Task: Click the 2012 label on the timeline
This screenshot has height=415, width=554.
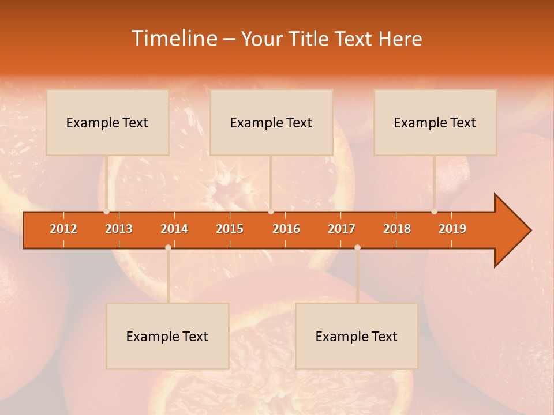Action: [63, 229]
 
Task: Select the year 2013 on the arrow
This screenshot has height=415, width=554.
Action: [119, 229]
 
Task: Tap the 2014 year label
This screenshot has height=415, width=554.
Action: [174, 229]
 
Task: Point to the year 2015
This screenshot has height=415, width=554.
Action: [230, 229]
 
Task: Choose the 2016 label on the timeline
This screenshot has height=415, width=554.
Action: [286, 229]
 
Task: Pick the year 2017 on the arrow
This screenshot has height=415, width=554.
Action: [342, 229]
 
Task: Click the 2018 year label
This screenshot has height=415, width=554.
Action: [397, 229]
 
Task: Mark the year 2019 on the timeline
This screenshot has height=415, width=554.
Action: [452, 229]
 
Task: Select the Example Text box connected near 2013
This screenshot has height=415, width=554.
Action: [107, 122]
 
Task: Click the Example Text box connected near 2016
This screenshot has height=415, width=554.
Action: [271, 122]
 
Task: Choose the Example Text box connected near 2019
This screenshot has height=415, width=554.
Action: [435, 122]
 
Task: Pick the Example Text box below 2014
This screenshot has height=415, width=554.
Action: [167, 336]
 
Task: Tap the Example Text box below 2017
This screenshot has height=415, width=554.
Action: [357, 336]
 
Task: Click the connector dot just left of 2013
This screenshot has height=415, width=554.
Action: [107, 212]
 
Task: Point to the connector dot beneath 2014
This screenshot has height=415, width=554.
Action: [168, 247]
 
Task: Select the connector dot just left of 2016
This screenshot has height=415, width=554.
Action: [271, 212]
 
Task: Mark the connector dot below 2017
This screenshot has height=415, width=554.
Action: [357, 247]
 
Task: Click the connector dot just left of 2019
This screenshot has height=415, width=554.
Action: [434, 212]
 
